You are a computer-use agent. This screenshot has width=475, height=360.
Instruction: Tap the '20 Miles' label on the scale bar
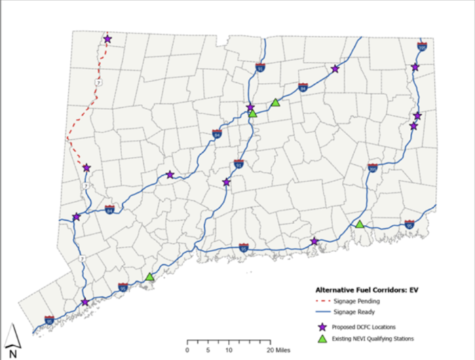coord(279,350)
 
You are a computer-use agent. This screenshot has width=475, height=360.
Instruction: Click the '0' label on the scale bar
coord(187,350)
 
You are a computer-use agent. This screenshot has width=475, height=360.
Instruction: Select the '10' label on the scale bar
coord(229,350)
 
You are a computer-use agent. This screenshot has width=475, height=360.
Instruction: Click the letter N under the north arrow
coord(13,353)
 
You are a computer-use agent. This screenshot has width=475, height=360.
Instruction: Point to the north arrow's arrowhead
coord(13,329)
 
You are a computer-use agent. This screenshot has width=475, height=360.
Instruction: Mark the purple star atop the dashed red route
coord(107,39)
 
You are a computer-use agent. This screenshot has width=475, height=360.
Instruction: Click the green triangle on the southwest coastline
coord(150,276)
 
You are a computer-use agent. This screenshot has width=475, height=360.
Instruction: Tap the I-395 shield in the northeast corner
coord(421,47)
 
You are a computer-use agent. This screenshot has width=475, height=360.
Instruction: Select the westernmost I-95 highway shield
coord(50,319)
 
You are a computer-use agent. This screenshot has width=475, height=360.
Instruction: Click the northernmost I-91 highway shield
coord(261,67)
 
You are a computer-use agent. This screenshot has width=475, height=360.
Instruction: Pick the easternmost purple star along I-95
coord(314,241)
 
